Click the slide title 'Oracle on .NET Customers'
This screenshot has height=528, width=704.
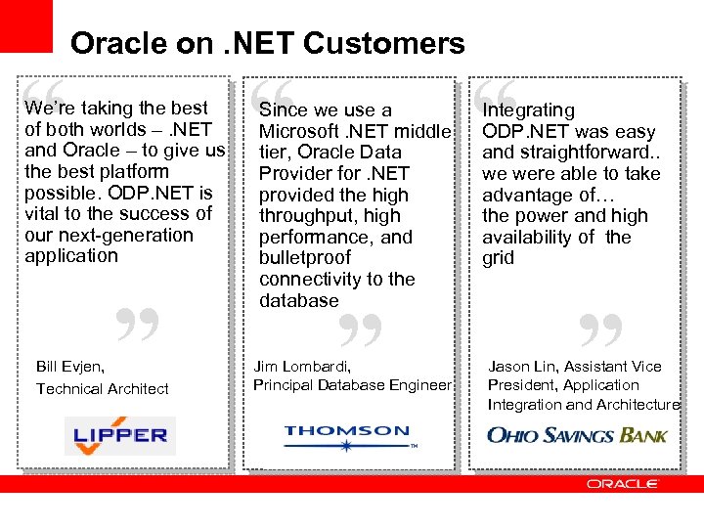[267, 43]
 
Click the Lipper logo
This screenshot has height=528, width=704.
[120, 435]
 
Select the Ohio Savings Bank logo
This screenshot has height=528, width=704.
[577, 434]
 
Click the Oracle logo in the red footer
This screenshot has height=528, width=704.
[623, 484]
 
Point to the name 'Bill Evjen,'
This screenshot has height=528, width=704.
[70, 367]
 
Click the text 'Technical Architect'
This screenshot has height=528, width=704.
[103, 388]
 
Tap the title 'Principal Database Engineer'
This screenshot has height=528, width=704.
[352, 384]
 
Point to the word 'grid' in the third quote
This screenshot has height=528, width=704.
[498, 258]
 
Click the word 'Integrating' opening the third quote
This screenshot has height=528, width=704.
[528, 110]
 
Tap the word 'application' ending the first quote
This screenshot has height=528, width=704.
[71, 256]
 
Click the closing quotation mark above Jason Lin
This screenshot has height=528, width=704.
[600, 331]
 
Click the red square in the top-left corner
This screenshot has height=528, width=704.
[25, 25]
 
